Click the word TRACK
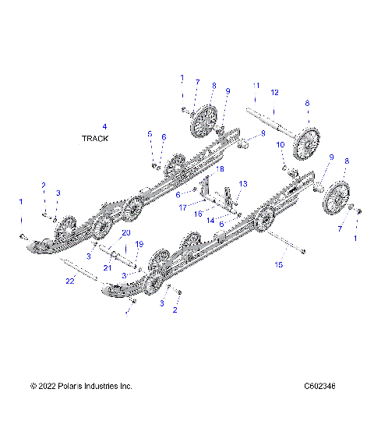point(95,138)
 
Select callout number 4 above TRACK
point(104,126)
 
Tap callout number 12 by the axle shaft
point(273,93)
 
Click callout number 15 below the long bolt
point(280,265)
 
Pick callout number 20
point(125,233)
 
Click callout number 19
point(139,244)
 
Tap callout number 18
point(221,168)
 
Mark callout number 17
point(182,207)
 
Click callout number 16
point(199,212)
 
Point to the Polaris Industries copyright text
point(81,408)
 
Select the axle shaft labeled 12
point(273,126)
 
